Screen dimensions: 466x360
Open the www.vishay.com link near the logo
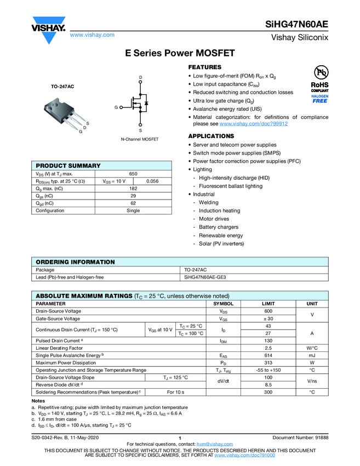pos(92,35)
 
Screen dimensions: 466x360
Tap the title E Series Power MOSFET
pos(180,53)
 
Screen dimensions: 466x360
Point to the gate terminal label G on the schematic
pos(116,108)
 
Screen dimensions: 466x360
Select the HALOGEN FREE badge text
pos(319,98)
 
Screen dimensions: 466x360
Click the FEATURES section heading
pos(205,67)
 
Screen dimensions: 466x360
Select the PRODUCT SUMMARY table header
pos(68,166)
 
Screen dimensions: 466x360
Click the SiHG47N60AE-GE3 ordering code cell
pos(205,277)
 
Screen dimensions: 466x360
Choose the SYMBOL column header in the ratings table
pos(223,304)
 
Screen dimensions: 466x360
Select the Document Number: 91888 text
pos(300,437)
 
